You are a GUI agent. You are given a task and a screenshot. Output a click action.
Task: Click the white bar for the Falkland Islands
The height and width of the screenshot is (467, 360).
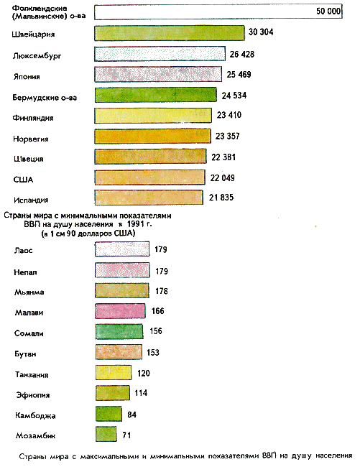tap(218, 12)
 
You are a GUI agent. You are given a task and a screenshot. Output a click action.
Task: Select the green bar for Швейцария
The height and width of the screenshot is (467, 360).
tap(170, 33)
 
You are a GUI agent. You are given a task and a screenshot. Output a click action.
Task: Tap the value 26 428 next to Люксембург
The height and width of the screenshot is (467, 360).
tap(241, 54)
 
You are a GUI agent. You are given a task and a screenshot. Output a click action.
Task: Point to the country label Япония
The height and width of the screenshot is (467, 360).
tap(27, 77)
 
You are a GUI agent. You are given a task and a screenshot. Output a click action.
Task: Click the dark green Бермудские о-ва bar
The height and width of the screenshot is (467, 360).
tap(155, 95)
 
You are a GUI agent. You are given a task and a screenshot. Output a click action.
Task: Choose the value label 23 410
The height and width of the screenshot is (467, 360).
tap(229, 115)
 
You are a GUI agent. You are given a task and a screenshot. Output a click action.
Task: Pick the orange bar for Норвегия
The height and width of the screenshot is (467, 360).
tap(152, 136)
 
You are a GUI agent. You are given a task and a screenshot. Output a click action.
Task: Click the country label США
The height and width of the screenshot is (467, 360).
tap(23, 180)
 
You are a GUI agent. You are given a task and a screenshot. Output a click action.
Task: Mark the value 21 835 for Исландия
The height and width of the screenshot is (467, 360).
tap(221, 198)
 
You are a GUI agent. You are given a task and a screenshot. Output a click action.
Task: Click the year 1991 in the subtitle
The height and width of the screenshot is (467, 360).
tap(137, 224)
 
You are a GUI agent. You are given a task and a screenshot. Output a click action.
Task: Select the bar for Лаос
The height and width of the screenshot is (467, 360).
tap(122, 249)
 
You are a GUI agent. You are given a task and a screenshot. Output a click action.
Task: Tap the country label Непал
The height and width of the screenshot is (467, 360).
tap(25, 272)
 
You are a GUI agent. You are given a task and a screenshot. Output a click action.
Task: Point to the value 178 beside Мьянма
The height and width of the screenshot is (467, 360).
tap(162, 291)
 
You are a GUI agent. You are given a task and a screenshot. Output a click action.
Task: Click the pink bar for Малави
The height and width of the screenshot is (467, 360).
tap(120, 311)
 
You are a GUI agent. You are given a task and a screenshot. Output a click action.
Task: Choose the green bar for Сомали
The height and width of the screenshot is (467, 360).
tap(119, 331)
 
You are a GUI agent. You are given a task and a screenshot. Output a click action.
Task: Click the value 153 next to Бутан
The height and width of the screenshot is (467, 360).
tap(153, 353)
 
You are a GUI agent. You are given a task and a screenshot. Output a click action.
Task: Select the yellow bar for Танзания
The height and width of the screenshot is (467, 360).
tap(114, 373)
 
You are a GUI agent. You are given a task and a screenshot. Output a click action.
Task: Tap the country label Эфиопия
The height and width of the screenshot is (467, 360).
tap(33, 395)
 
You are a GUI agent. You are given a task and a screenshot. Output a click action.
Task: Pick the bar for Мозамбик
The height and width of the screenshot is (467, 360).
tap(106, 434)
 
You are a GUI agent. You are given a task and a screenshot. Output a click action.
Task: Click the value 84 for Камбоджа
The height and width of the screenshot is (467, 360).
tap(132, 415)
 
